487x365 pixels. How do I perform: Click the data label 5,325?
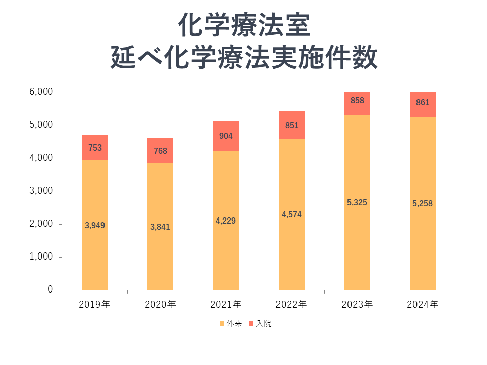pos(357,202)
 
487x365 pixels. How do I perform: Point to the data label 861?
pos(423,103)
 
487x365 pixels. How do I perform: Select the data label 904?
pos(226,136)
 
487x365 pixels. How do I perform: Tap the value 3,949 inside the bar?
pos(95,225)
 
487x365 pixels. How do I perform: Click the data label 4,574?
pos(291,214)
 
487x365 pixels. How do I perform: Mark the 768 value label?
pos(160,151)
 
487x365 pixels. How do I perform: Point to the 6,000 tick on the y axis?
pos(42,92)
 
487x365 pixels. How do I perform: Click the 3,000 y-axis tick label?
pos(42,191)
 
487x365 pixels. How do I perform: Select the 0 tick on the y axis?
pos(51,289)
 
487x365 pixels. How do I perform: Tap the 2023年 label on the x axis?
pos(357,305)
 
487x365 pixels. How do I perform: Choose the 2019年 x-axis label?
pos(95,305)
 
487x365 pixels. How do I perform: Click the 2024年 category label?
pos(423,305)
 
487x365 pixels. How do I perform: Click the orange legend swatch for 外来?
pos(222,323)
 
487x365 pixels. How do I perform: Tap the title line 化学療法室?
pos(243,25)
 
